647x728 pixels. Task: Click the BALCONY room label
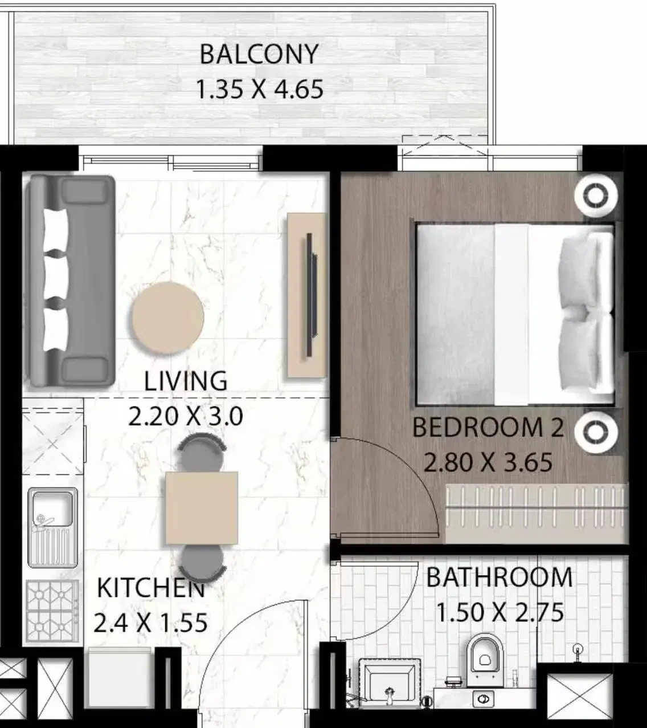pyautogui.click(x=259, y=54)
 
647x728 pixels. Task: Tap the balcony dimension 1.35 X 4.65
pyautogui.click(x=260, y=89)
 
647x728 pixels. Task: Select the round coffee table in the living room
pyautogui.click(x=167, y=318)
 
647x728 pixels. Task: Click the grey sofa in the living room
pyautogui.click(x=72, y=282)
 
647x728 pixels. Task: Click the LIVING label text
pyautogui.click(x=186, y=381)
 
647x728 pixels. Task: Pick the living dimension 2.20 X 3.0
pyautogui.click(x=186, y=417)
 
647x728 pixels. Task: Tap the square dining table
pyautogui.click(x=202, y=508)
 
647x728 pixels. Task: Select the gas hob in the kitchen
pyautogui.click(x=52, y=613)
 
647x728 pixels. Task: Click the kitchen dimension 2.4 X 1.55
pyautogui.click(x=150, y=623)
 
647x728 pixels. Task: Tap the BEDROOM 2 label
pyautogui.click(x=488, y=427)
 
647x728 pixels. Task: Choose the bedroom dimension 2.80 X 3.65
pyautogui.click(x=488, y=462)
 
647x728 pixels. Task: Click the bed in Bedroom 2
pyautogui.click(x=515, y=315)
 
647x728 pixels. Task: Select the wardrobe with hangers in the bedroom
pyautogui.click(x=537, y=513)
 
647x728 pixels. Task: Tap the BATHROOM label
pyautogui.click(x=499, y=577)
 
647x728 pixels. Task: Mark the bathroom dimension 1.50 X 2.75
pyautogui.click(x=500, y=612)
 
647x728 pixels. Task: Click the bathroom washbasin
pyautogui.click(x=390, y=678)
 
